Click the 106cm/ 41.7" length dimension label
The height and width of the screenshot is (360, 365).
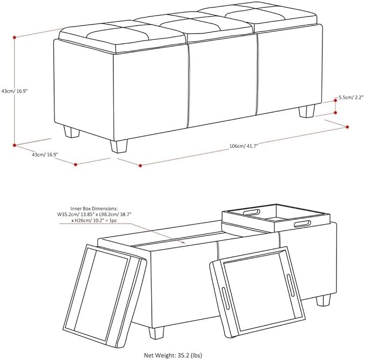point(244,146)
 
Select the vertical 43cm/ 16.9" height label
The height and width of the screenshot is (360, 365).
point(15,91)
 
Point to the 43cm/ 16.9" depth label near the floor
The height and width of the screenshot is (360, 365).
point(45,154)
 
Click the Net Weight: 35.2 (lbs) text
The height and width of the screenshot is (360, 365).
point(173,355)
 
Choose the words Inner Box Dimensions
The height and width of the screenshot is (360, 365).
point(94,209)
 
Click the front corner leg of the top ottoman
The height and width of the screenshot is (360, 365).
point(119,146)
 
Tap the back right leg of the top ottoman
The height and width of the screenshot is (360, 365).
point(307,111)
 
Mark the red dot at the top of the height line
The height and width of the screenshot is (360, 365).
point(15,37)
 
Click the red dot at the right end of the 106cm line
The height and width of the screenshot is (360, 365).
point(347,127)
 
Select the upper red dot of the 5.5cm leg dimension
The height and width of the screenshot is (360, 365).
point(335,101)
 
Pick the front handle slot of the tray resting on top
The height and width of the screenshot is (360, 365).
point(303,224)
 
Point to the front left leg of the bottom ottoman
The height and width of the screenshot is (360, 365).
point(156,333)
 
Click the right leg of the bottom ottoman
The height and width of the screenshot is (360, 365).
point(323,301)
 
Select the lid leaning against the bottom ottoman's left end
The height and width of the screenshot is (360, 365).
point(105,295)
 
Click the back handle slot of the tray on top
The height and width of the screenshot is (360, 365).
point(252,212)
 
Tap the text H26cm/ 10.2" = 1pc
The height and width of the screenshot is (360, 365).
point(94,220)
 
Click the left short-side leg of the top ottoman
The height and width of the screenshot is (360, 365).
point(71,132)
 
